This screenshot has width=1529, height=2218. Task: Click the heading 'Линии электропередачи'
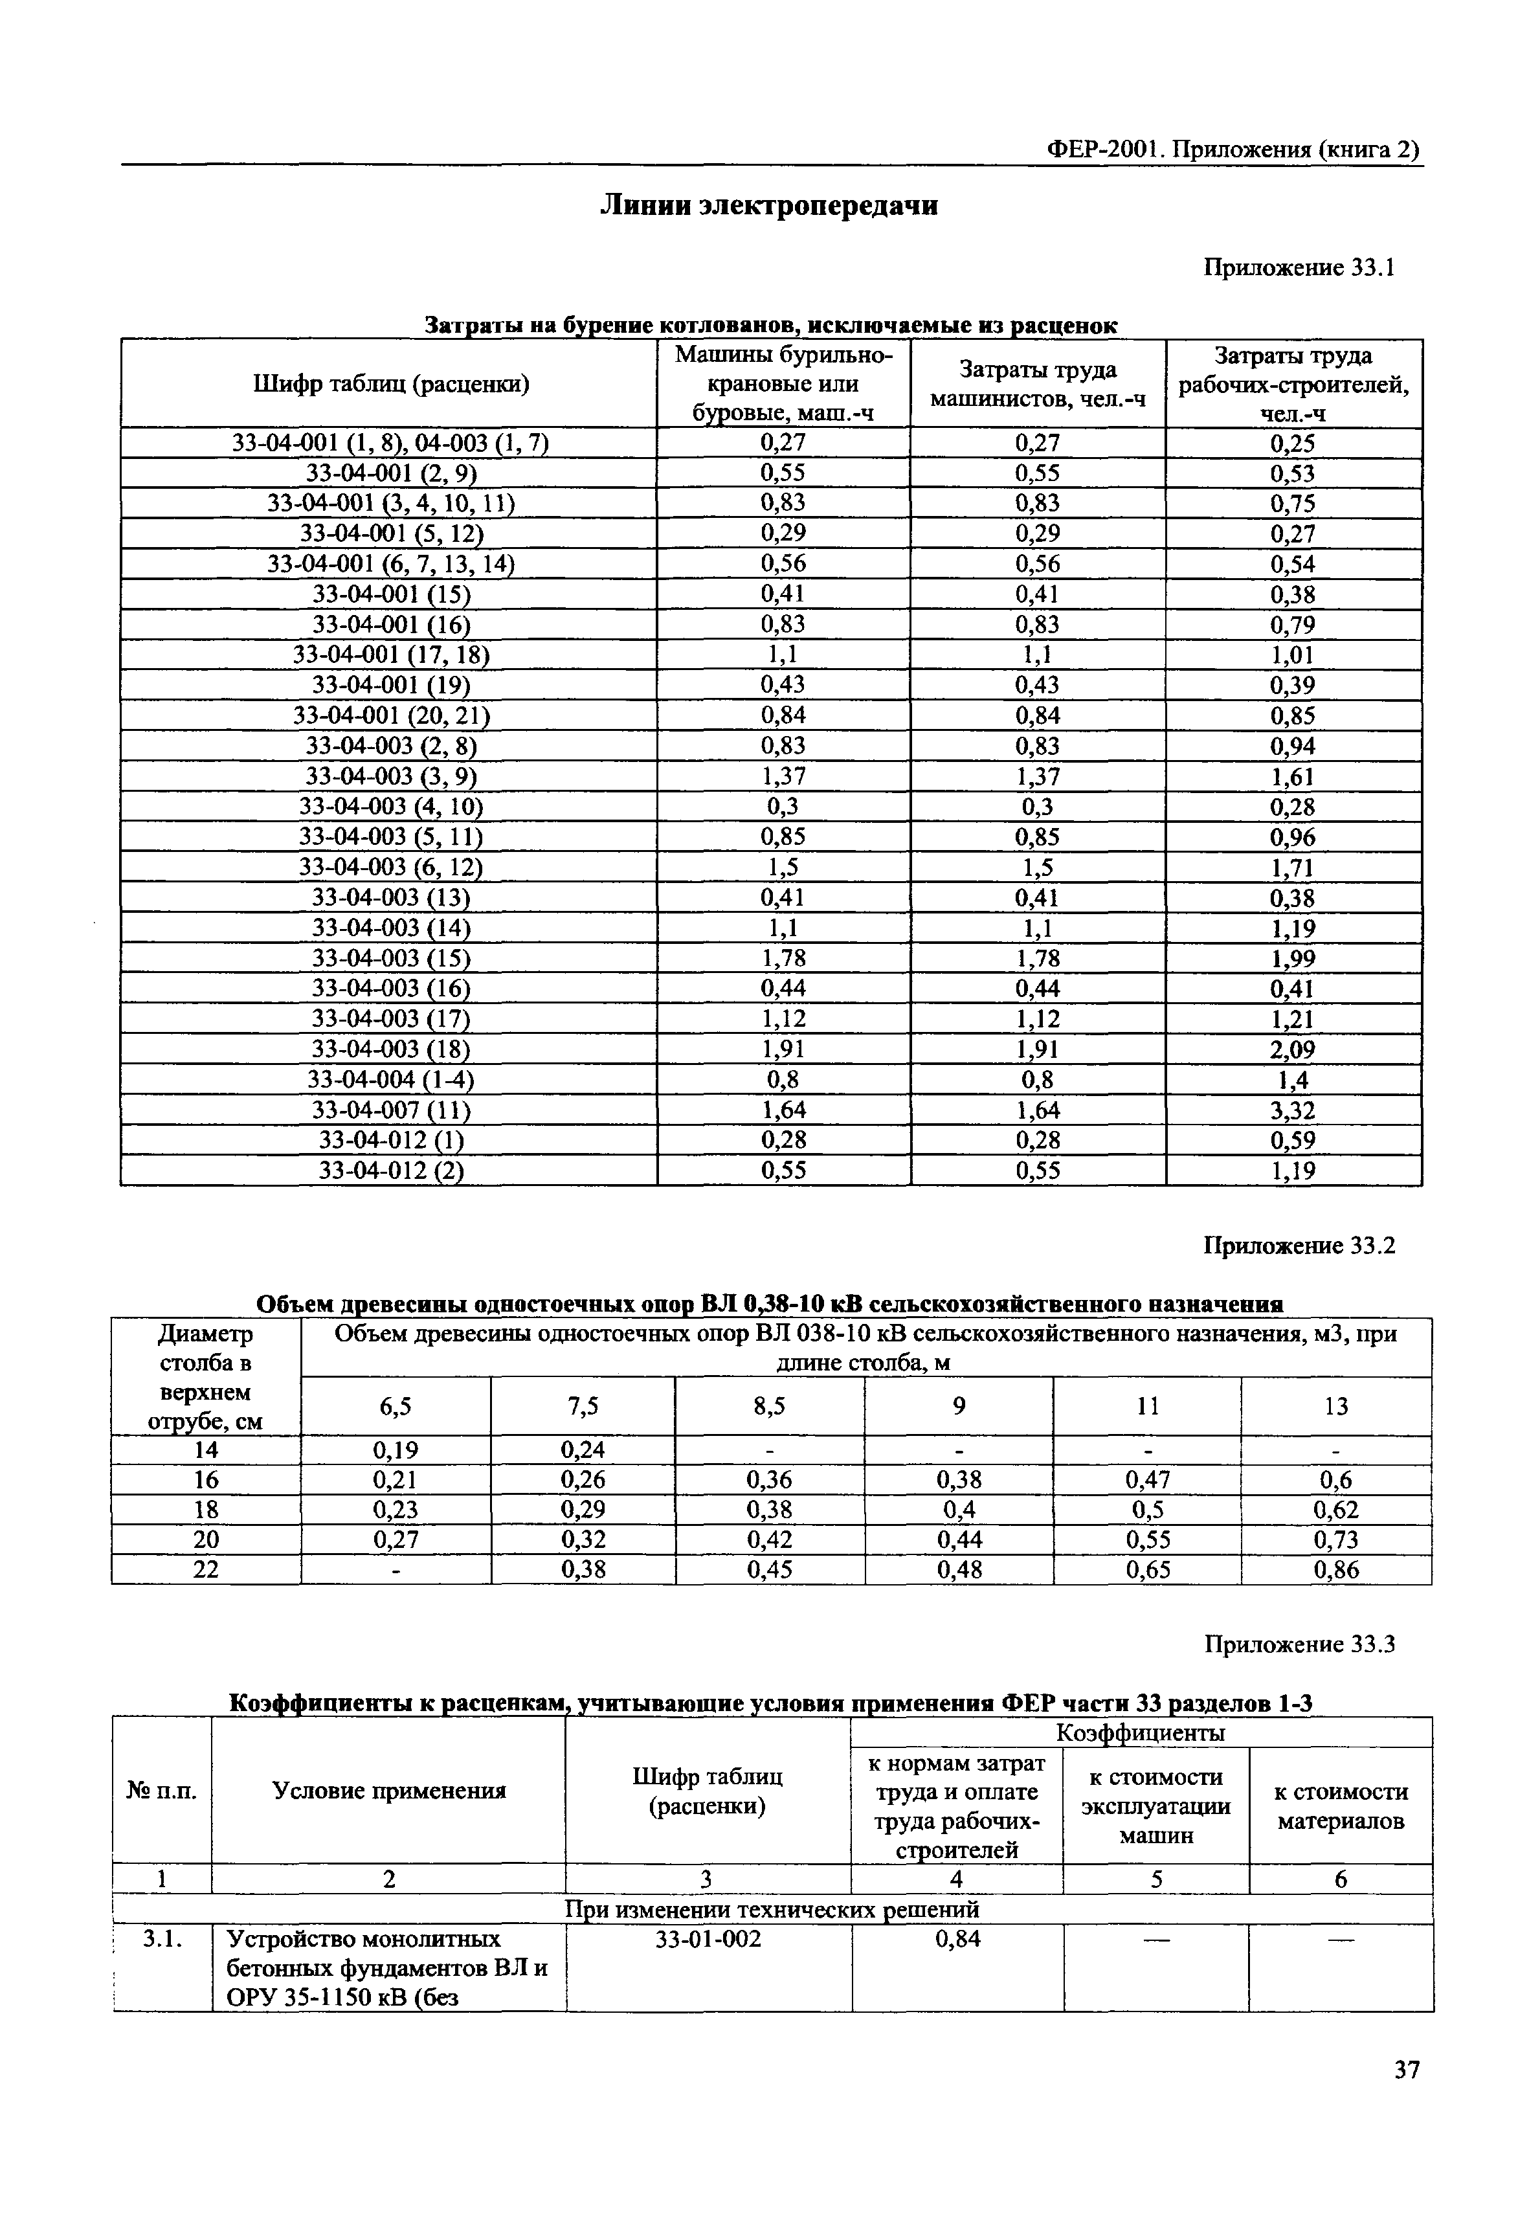768,206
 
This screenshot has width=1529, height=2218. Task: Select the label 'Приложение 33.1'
1299,268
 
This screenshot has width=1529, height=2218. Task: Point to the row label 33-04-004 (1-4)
391,1080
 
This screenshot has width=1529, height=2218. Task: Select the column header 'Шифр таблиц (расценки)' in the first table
391,384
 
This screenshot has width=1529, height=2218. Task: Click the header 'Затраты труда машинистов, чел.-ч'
1038,384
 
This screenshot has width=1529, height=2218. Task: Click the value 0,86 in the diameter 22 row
1337,1569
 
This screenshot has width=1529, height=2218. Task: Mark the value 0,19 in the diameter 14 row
396,1450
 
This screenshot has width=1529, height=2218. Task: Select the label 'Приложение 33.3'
1299,1644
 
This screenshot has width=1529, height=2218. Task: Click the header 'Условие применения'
389,1791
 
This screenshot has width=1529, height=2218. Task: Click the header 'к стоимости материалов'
1340,1806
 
